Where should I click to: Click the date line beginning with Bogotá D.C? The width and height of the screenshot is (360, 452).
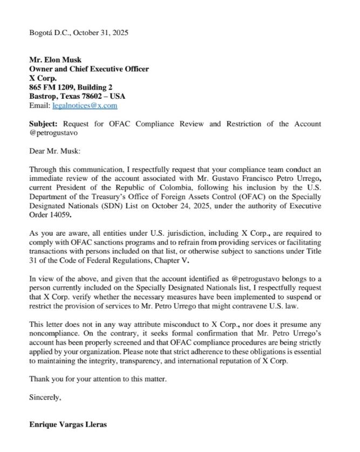pos(78,33)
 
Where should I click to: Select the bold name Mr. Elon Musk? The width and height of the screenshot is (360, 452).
pos(55,60)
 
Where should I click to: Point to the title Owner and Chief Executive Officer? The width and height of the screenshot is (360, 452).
pos(89,69)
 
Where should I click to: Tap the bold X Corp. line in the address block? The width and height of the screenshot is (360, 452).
pos(43,78)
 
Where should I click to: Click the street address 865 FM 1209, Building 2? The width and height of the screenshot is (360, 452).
pos(71,87)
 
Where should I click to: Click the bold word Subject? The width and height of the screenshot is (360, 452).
pos(43,124)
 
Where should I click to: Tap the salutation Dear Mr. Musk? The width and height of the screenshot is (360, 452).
pos(55,152)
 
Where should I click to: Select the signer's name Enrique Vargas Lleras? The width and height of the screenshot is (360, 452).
pos(68,424)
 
